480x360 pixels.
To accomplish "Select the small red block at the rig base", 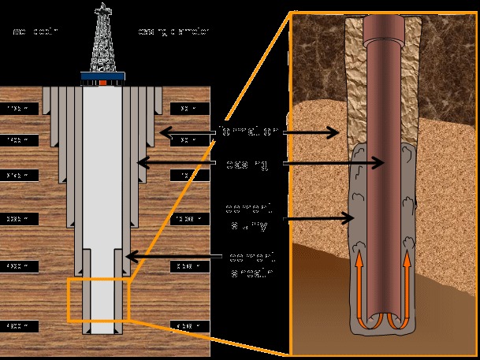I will point(103,82).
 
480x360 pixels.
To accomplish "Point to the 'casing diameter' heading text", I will point(174,32).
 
